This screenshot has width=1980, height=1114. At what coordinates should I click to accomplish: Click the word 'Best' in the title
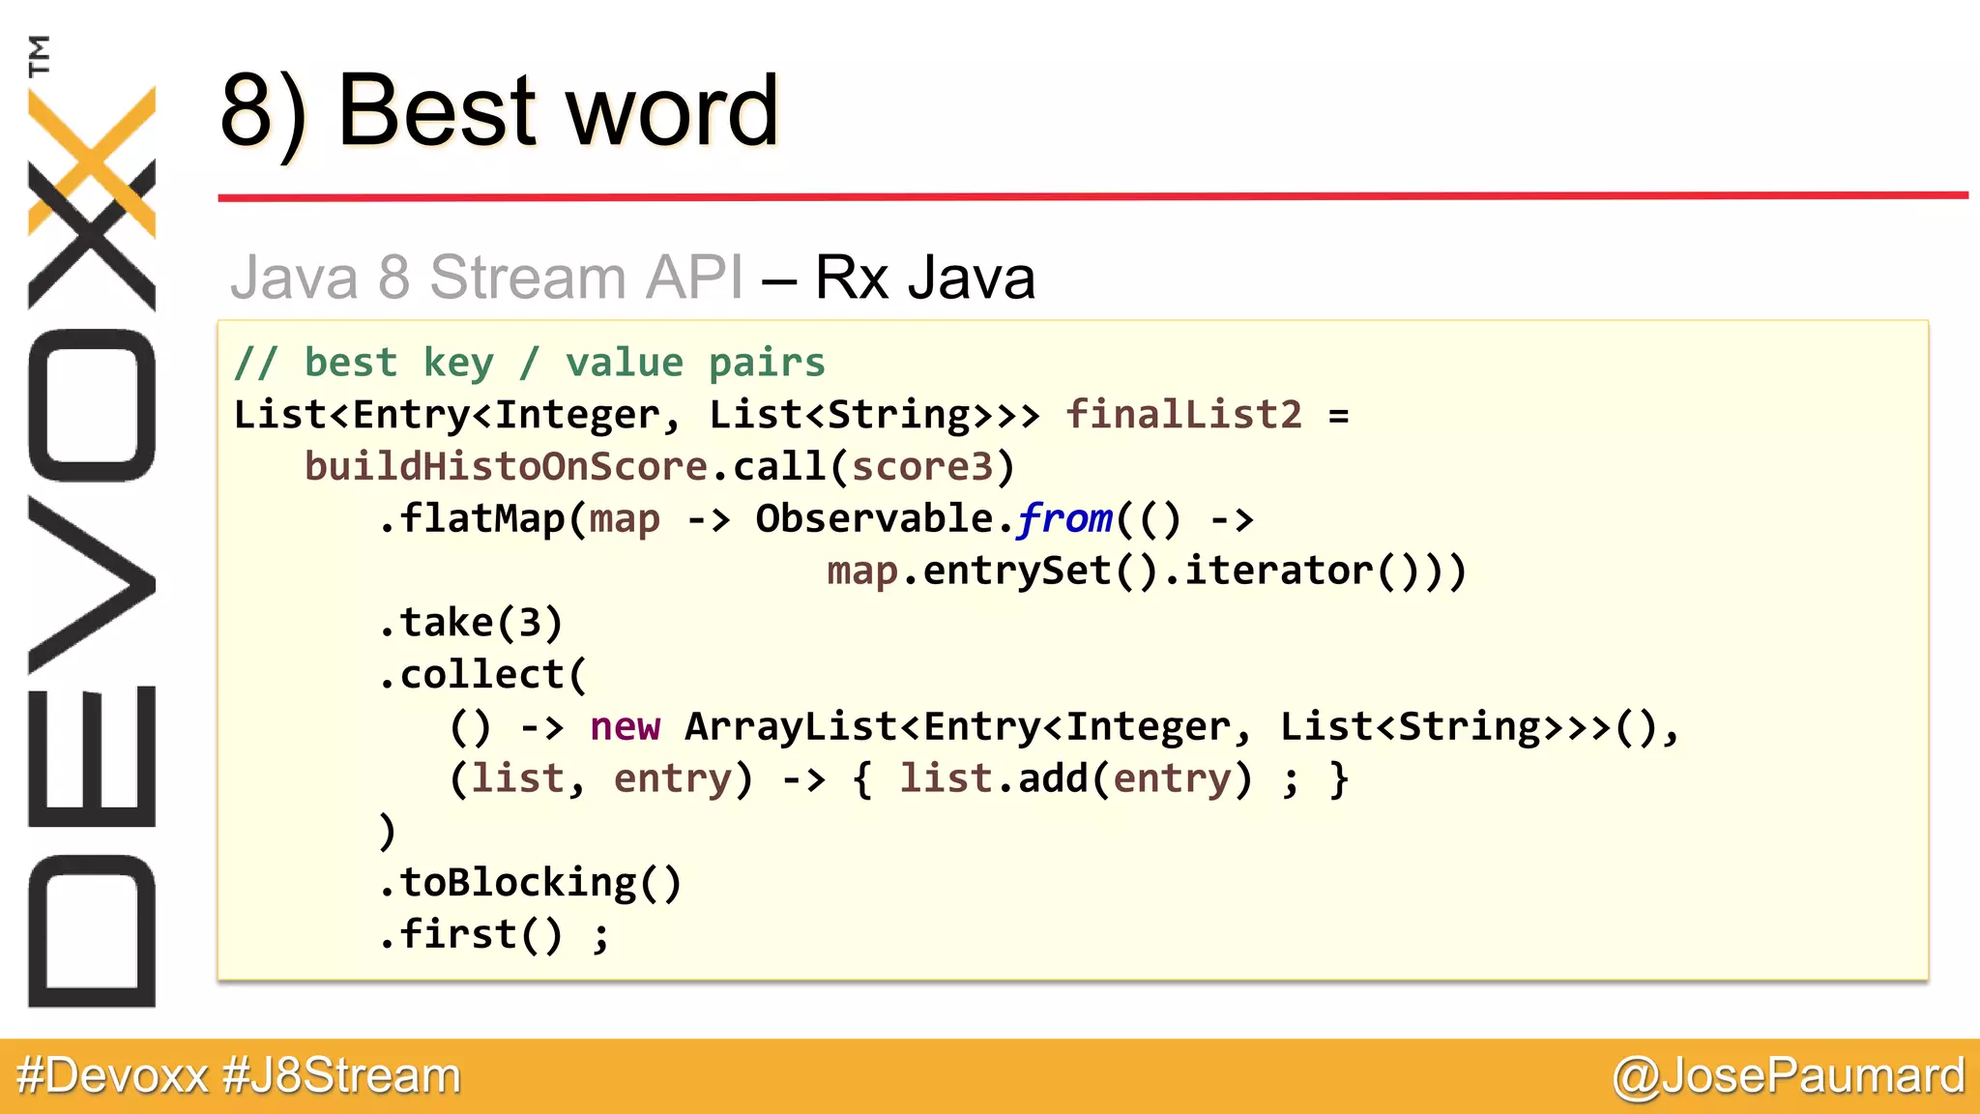pos(435,111)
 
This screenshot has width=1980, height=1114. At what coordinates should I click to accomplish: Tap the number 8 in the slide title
pos(247,111)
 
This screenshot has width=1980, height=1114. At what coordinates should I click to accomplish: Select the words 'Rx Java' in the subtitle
pos(924,278)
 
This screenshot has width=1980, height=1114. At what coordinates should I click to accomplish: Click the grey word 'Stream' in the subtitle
pos(528,278)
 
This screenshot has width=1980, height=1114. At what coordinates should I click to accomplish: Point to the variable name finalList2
pos(1183,415)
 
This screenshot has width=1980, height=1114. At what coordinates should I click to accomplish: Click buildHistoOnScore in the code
pos(507,467)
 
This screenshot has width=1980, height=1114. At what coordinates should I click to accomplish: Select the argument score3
pos(922,467)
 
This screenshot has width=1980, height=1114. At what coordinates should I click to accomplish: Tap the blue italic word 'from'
pos(1064,519)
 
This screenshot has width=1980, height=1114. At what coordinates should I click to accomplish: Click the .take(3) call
pos(470,623)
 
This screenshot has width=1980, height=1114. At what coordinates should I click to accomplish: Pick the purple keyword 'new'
pos(626,726)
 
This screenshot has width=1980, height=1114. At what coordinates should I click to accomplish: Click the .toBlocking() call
pos(531,883)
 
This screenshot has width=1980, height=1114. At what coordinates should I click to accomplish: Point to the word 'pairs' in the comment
pos(767,364)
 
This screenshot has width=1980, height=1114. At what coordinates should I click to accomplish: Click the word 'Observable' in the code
pos(874,519)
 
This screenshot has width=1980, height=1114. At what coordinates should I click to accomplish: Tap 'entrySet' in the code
pos(1017,572)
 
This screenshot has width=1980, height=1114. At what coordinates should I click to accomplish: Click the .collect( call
pos(482,675)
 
